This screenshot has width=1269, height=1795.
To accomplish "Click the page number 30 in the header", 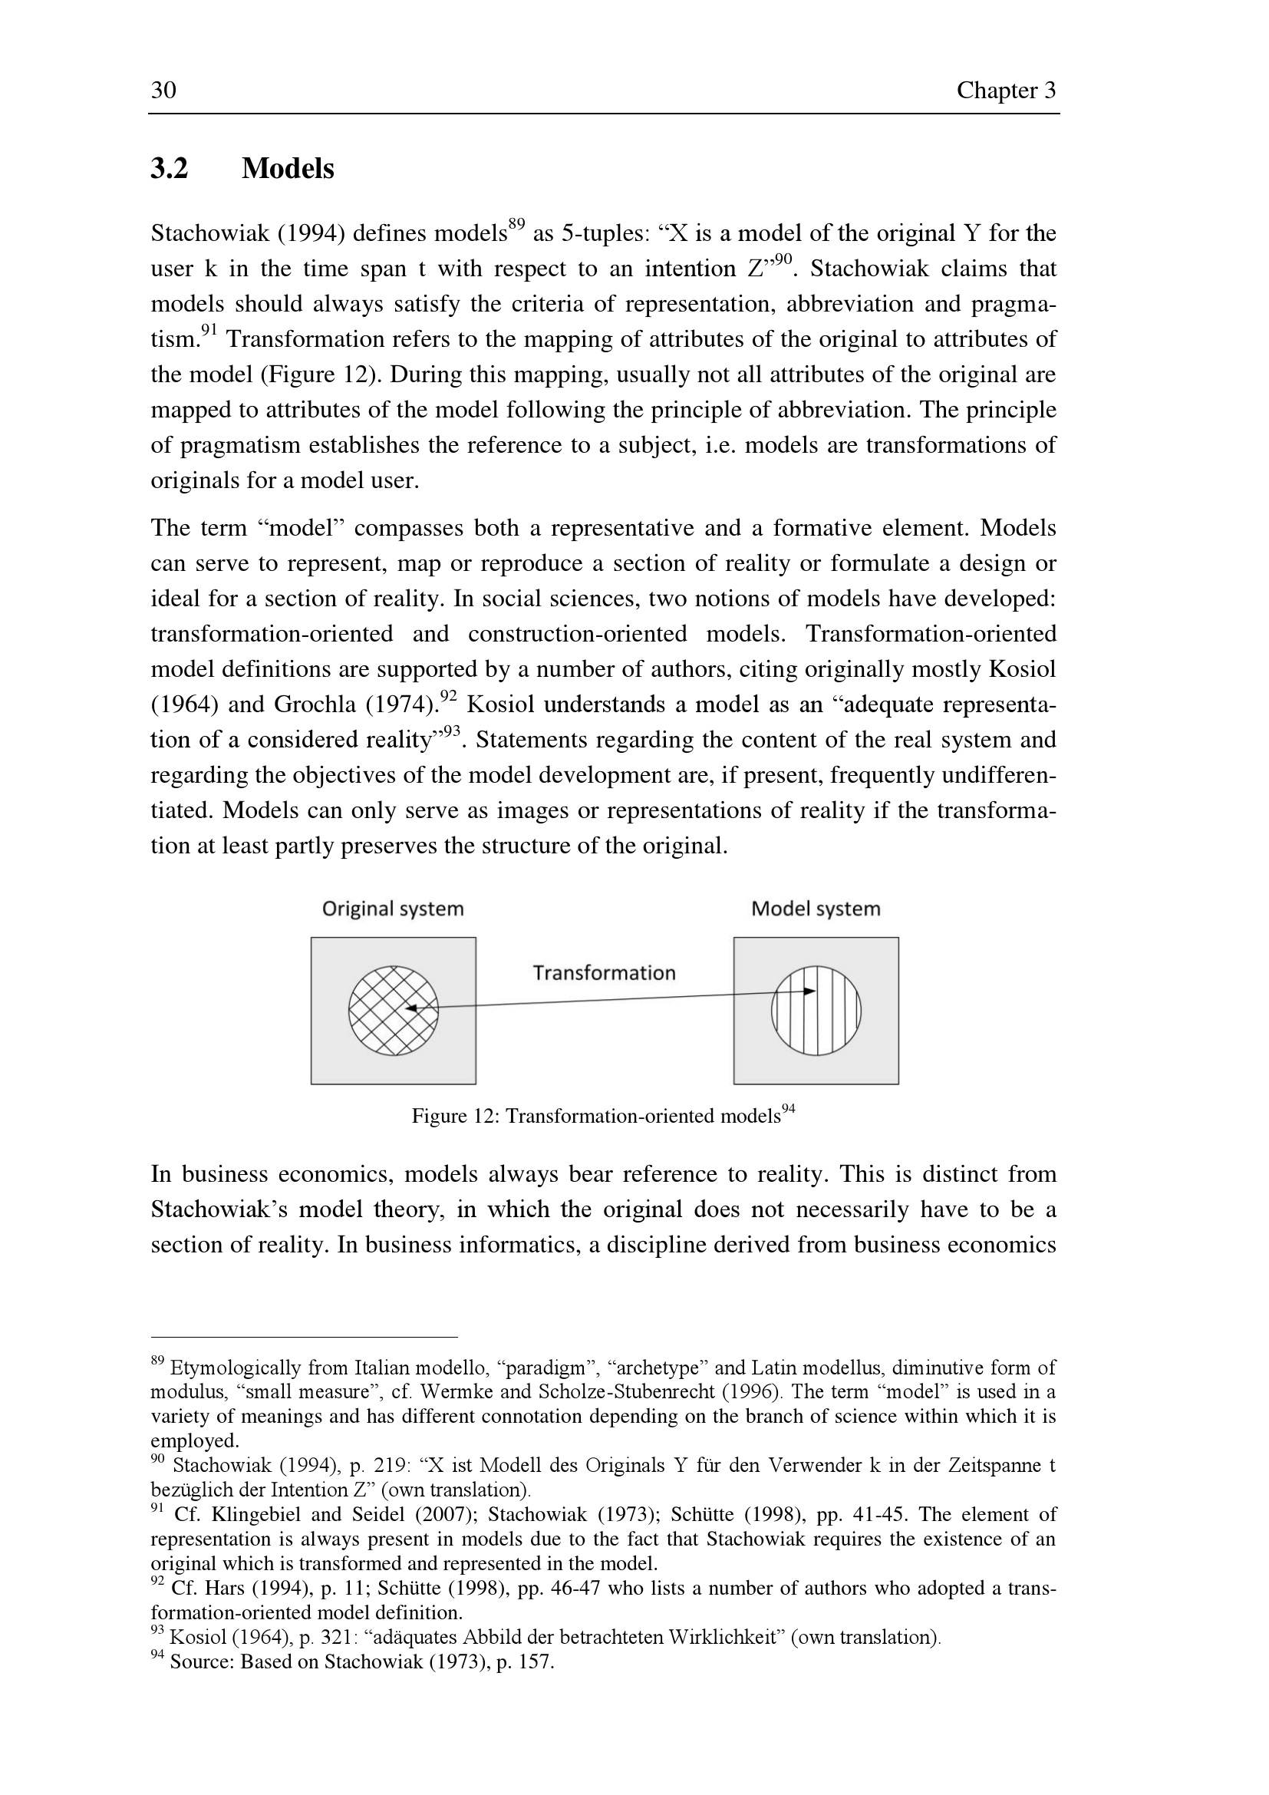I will click(x=163, y=91).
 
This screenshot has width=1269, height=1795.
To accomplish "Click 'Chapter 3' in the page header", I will click(x=1006, y=91).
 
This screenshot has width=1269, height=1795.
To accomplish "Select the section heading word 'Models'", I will click(x=288, y=168).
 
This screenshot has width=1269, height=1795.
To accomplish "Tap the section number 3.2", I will click(x=170, y=168).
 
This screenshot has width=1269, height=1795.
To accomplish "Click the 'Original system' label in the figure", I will click(x=393, y=909).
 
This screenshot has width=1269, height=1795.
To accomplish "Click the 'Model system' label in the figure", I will click(x=815, y=909).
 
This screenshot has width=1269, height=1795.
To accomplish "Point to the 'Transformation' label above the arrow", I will click(x=604, y=972).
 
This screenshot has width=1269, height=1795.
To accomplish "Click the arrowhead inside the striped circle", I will click(x=810, y=992).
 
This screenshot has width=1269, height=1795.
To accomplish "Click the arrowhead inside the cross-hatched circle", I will click(x=411, y=1008).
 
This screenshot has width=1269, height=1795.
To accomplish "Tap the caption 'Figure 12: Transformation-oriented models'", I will click(x=595, y=1117).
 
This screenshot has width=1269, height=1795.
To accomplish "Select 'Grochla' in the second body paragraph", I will click(x=315, y=704).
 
